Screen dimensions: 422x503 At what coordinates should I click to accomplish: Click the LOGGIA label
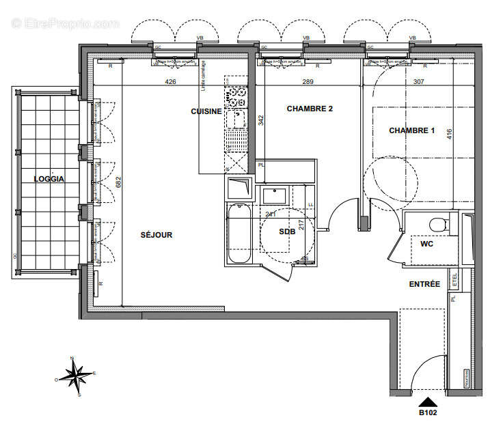pyautogui.click(x=49, y=179)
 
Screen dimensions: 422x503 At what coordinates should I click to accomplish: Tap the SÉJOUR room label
pyautogui.click(x=157, y=235)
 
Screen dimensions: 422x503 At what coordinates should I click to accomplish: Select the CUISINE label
pyautogui.click(x=206, y=111)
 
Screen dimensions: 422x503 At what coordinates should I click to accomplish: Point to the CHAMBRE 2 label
pyautogui.click(x=310, y=109)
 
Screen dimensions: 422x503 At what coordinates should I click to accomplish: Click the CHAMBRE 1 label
pyautogui.click(x=412, y=130)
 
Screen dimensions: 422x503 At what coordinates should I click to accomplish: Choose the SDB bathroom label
pyautogui.click(x=287, y=232)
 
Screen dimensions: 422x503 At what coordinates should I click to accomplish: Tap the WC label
pyautogui.click(x=426, y=243)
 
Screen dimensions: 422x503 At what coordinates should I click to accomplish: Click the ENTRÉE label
pyautogui.click(x=424, y=283)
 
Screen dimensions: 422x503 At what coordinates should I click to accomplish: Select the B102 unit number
pyautogui.click(x=429, y=412)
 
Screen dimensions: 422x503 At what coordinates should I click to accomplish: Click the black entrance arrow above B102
pyautogui.click(x=429, y=402)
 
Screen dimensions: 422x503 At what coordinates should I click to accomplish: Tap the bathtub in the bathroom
pyautogui.click(x=239, y=234)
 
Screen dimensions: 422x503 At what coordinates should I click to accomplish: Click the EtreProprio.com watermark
pyautogui.click(x=66, y=24)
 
